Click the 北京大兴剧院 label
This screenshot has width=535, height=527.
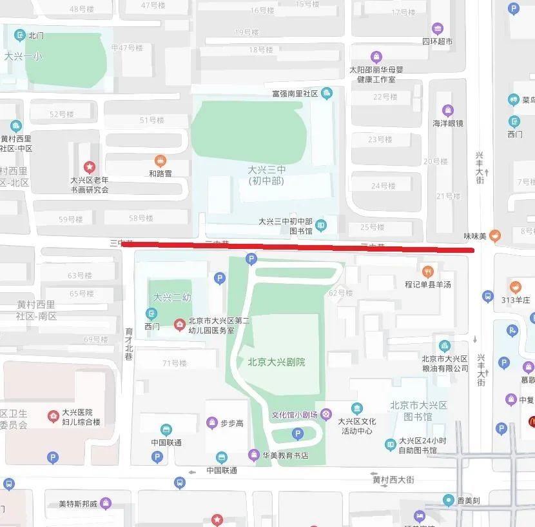point(277,362)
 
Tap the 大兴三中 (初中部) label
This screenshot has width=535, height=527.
point(266,175)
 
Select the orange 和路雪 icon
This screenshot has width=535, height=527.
point(160,161)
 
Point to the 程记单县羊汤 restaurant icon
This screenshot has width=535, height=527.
point(427,270)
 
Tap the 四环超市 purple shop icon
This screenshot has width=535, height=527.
point(438,29)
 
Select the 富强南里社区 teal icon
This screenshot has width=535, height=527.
point(327,94)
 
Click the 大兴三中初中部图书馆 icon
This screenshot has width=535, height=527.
point(321,225)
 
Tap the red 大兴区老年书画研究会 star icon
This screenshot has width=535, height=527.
point(89,168)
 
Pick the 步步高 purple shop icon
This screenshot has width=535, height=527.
point(211,423)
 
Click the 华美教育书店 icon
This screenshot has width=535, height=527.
point(254,455)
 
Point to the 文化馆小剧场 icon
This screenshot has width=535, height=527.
point(326,415)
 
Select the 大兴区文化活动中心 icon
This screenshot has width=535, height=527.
point(356,408)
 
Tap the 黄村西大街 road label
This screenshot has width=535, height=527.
point(393,479)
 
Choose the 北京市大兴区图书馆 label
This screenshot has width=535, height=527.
point(418,411)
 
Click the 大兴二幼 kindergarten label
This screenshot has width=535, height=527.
point(172,297)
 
